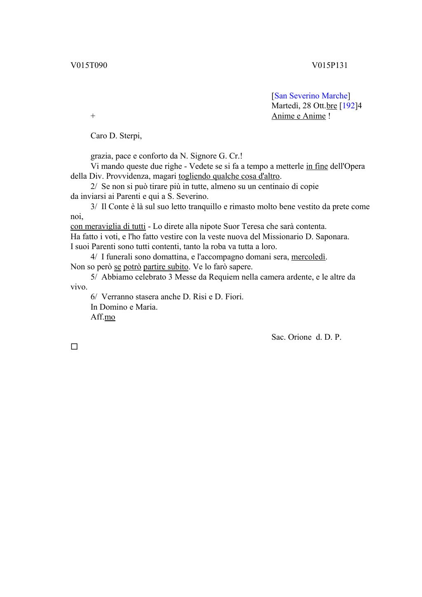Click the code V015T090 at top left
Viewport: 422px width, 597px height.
(89, 65)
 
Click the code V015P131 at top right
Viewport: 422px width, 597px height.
(330, 65)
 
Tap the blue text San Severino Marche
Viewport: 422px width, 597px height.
(311, 96)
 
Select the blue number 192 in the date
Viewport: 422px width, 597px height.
(348, 106)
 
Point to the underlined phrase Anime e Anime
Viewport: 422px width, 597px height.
(298, 116)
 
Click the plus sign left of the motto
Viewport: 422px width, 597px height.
(93, 116)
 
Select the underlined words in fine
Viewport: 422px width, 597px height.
(317, 166)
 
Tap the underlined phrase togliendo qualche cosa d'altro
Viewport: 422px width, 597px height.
(229, 176)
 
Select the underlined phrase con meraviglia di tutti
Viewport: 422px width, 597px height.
(108, 226)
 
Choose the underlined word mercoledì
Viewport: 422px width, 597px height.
(309, 257)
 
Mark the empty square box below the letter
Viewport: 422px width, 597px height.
(74, 347)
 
